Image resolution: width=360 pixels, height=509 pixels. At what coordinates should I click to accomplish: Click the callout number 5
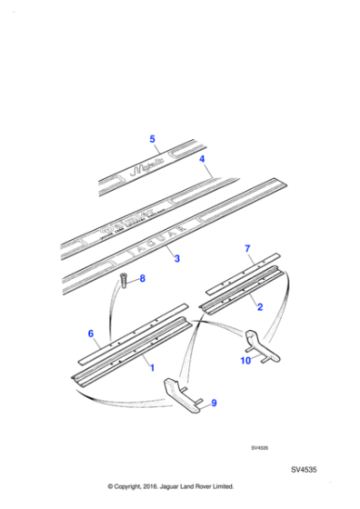153,139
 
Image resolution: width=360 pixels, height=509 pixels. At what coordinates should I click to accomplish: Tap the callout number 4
204,159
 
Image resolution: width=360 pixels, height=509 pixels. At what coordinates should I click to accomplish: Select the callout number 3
176,259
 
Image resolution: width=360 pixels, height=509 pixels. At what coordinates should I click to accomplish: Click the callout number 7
246,248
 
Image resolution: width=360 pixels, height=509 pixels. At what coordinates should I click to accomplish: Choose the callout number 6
91,334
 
